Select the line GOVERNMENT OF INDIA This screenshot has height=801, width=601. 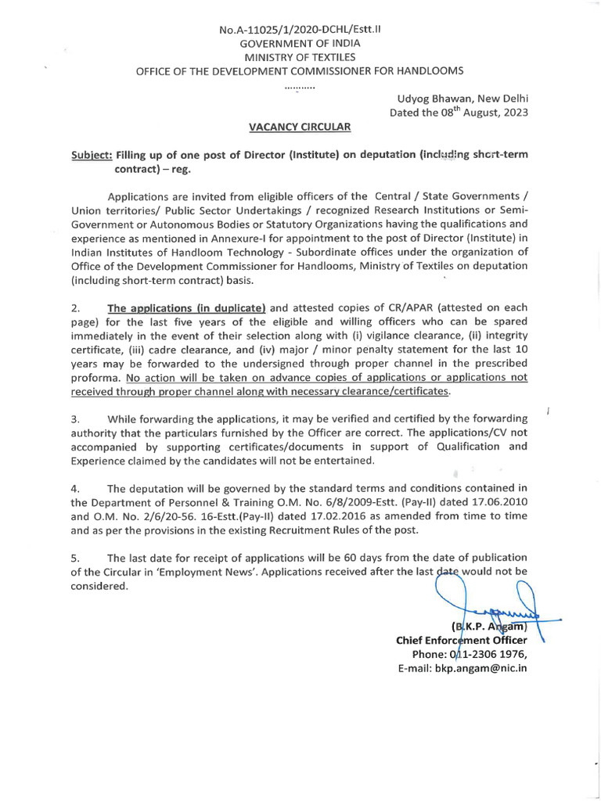tap(300, 44)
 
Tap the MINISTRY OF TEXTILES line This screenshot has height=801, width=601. tap(300, 57)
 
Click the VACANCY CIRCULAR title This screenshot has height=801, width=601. tap(300, 126)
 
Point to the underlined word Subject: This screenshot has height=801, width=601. tap(92, 154)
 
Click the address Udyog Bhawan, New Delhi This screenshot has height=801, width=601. tap(462, 98)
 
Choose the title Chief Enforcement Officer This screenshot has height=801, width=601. tap(462, 641)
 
